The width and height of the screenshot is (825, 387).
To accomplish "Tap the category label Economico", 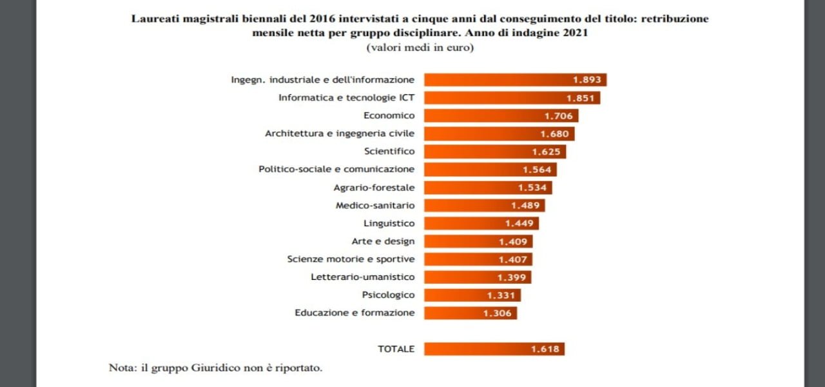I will point(389,115).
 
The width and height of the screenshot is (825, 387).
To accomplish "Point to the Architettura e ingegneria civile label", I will point(340,134).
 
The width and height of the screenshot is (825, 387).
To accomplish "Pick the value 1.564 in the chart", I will point(536,170).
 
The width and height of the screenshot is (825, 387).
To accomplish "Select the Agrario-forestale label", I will point(374,188).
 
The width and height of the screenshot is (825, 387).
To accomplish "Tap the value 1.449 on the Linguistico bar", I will point(519,223).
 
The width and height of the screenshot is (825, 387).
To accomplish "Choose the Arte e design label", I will point(383,241).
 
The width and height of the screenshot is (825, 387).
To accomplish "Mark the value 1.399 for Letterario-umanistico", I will point(512,277).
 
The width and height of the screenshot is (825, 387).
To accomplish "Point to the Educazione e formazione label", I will point(354,313).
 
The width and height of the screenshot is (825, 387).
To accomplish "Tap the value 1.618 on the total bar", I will point(545,349).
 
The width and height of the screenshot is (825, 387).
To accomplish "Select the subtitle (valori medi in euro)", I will point(420,48).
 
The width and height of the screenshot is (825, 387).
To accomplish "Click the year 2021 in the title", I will point(574,34).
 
